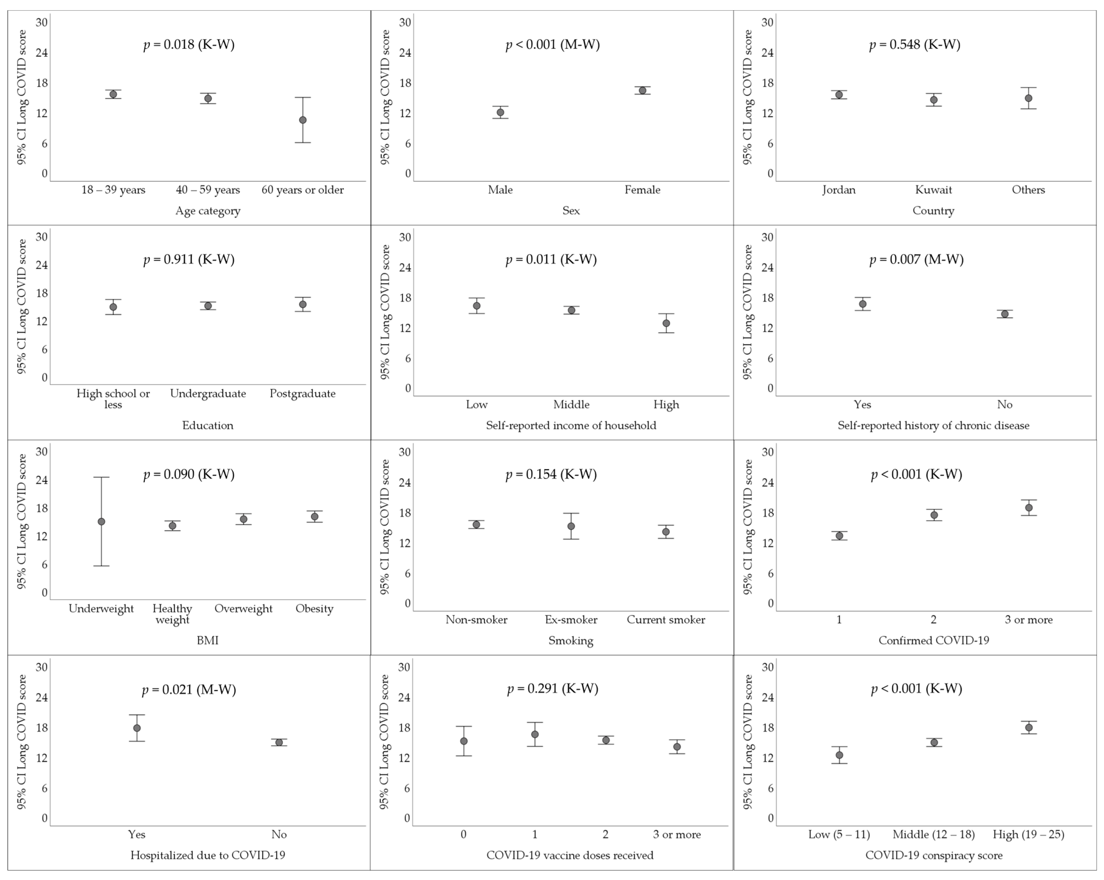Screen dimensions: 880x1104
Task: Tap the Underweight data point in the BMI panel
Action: point(101,521)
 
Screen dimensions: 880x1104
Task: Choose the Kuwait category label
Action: point(934,190)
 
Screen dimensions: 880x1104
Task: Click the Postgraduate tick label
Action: point(303,393)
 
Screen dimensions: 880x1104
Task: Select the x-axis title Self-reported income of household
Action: point(571,425)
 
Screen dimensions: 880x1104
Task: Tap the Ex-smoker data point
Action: point(571,526)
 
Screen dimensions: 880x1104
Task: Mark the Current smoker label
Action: point(666,620)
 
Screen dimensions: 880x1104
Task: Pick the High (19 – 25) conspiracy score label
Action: point(1028,834)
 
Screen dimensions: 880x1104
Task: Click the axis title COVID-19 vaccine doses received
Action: point(570,855)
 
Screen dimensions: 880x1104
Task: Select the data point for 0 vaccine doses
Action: point(464,741)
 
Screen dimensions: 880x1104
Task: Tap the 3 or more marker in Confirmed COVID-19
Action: point(1028,508)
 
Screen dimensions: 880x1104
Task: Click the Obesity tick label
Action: point(315,608)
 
